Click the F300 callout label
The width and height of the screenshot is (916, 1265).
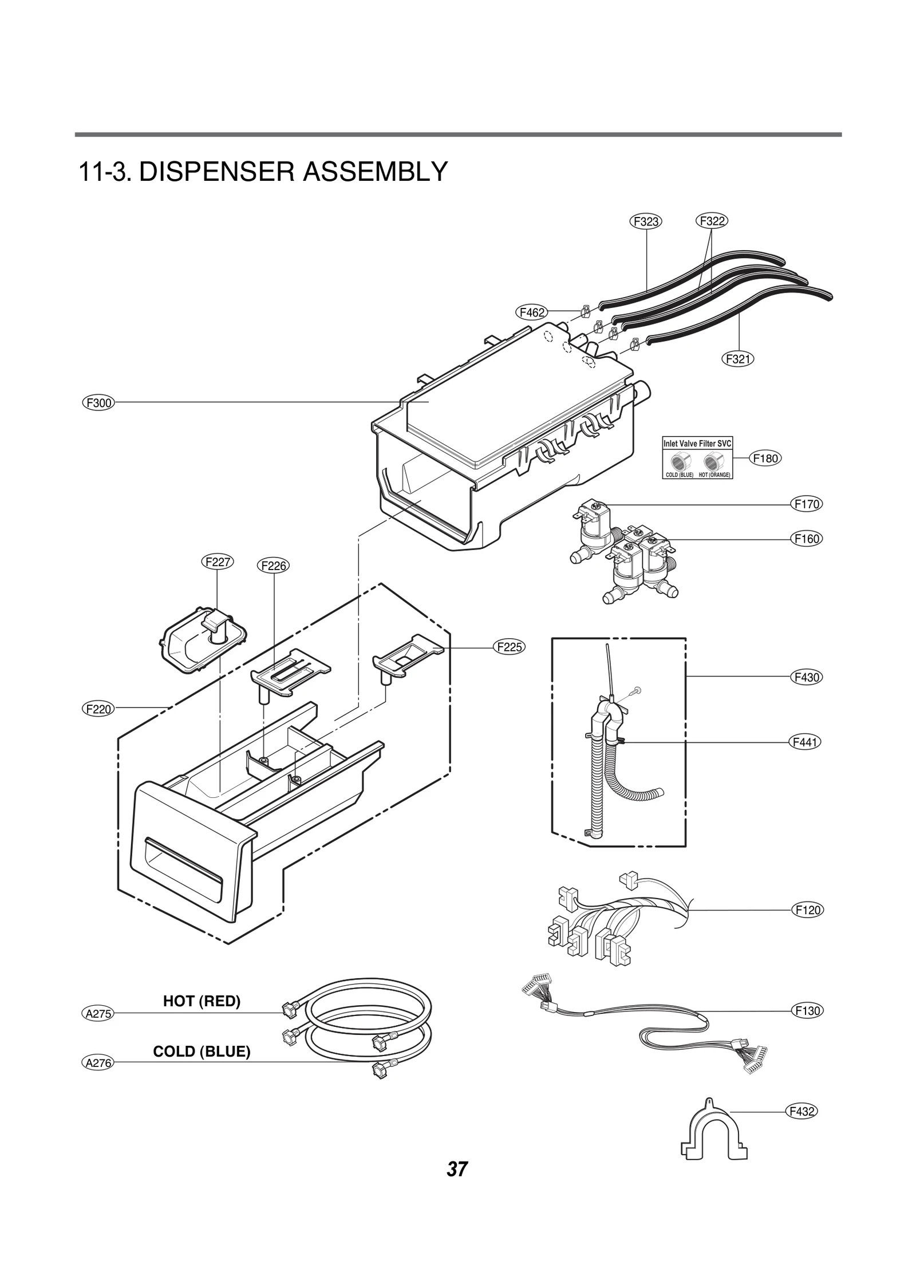click(x=98, y=403)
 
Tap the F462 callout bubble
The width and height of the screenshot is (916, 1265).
click(x=532, y=312)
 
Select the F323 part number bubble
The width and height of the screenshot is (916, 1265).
click(x=646, y=221)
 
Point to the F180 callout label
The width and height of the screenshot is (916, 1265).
click(x=765, y=458)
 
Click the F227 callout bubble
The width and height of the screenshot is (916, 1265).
click(x=218, y=562)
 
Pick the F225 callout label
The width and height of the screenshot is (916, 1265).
click(x=509, y=647)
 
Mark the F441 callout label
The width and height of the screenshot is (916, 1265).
click(x=806, y=742)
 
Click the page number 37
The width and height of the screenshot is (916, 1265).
click(x=457, y=1184)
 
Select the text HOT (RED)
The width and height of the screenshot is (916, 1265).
click(x=202, y=1001)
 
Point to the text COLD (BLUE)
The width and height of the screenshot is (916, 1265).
click(x=202, y=1051)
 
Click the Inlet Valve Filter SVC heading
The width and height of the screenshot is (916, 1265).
click(x=697, y=444)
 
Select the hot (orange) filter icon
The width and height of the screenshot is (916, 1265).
click(x=713, y=461)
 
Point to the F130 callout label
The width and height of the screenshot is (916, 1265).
click(x=808, y=1011)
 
